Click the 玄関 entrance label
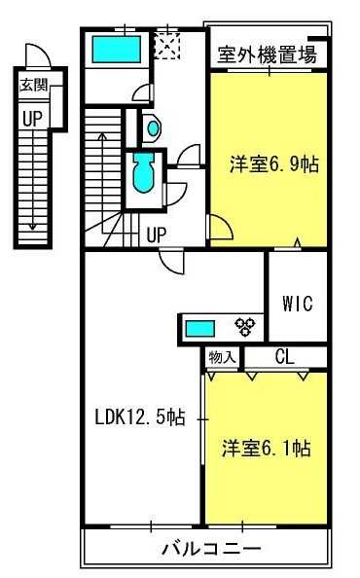click(x=33, y=85)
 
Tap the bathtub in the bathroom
click(x=117, y=49)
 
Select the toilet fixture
click(x=143, y=172)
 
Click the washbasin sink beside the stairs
click(x=154, y=127)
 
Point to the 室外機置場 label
click(x=268, y=54)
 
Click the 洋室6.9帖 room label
click(x=274, y=164)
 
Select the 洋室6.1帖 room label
click(x=267, y=449)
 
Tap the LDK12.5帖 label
click(x=140, y=417)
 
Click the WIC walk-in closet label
click(x=298, y=304)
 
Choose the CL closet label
click(x=284, y=357)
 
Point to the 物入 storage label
click(x=222, y=357)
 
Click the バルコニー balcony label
click(x=211, y=549)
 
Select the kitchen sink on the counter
click(x=199, y=329)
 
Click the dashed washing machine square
click(x=167, y=46)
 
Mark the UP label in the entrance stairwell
click(x=32, y=119)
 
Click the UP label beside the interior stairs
click(x=157, y=235)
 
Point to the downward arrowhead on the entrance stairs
click(x=33, y=227)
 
